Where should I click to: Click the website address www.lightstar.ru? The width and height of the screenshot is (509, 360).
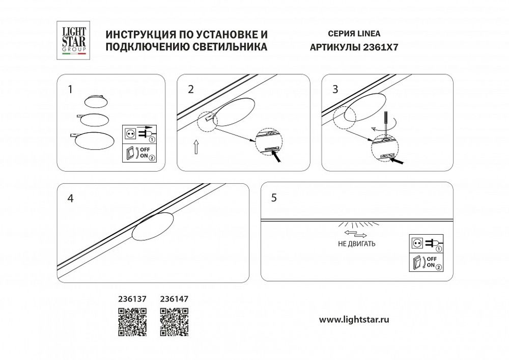click(354, 320)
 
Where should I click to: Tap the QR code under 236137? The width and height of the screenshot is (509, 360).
click(132, 322)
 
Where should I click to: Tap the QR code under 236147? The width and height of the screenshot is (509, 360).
click(174, 322)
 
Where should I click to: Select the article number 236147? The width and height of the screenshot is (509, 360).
click(174, 300)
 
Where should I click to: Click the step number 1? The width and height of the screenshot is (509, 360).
click(70, 90)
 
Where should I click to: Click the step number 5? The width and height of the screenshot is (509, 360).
click(274, 198)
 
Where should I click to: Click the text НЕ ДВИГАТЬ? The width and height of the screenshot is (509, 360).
click(357, 244)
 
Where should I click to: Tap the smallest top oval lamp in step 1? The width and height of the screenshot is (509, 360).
click(94, 101)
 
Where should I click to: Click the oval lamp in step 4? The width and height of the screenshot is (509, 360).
click(154, 227)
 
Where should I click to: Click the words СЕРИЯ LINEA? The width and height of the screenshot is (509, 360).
click(345, 34)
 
